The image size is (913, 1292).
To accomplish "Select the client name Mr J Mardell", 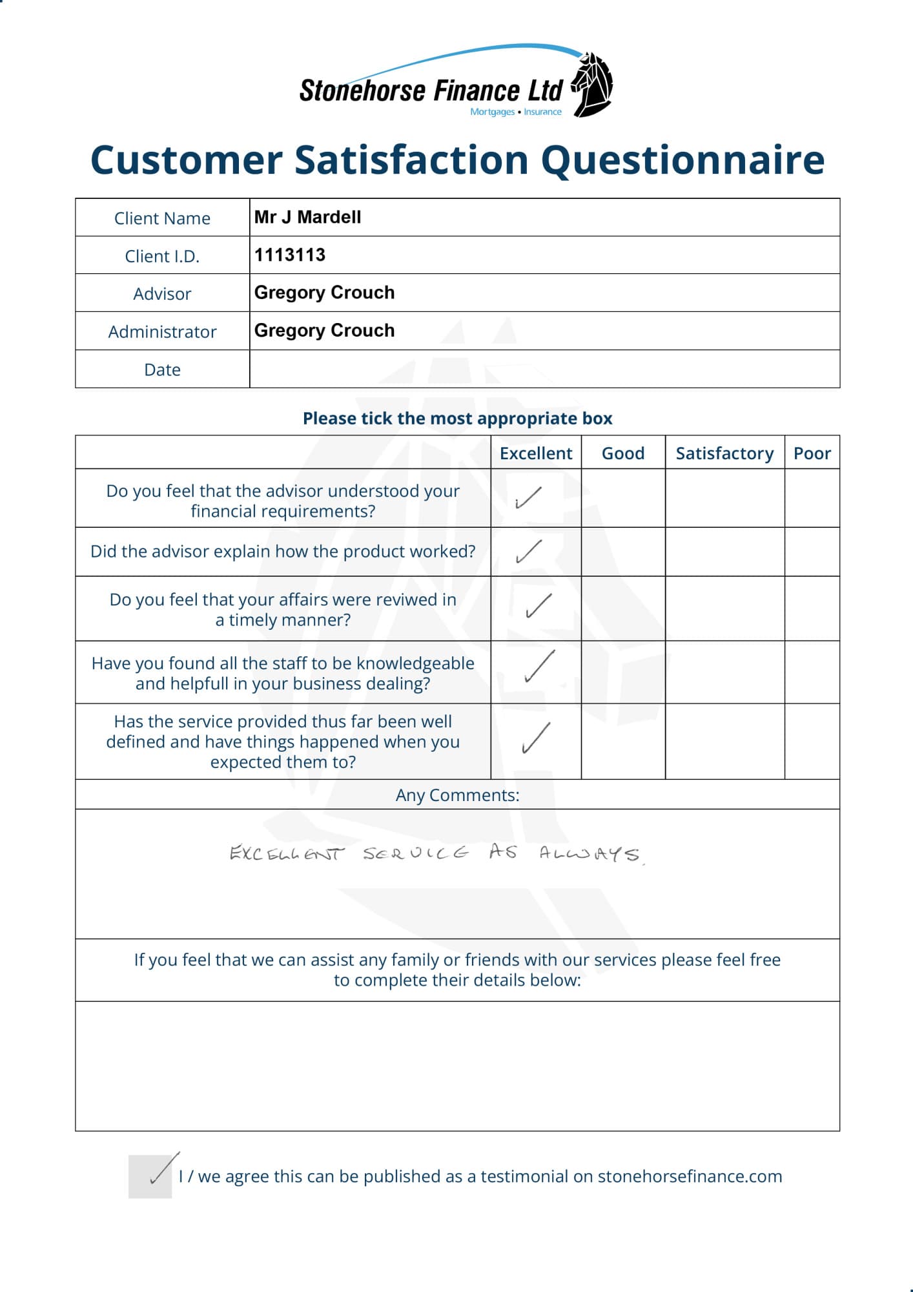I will point(307,217).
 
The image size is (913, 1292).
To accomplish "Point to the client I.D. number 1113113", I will point(290,255).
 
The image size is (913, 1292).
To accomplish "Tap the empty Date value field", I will point(544,370).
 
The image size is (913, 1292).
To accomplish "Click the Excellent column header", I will point(536,453).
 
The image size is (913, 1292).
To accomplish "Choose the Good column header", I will point(623,453).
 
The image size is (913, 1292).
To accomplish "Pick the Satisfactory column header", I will point(724,453).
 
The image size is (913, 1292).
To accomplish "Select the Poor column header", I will point(812,453).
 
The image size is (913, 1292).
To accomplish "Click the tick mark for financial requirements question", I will point(528,498).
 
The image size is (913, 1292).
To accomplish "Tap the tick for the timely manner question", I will point(538,606).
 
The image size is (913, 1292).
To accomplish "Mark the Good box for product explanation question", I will point(623,552).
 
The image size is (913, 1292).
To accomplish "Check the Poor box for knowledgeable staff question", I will point(812,672).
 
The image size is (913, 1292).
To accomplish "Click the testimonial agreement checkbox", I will point(150,1176).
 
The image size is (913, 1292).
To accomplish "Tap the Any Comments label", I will point(457,795).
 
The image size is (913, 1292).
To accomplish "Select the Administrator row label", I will point(162,332).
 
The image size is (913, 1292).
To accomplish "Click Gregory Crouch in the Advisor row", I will point(324,293).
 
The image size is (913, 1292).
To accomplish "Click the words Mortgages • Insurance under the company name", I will point(516,112).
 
